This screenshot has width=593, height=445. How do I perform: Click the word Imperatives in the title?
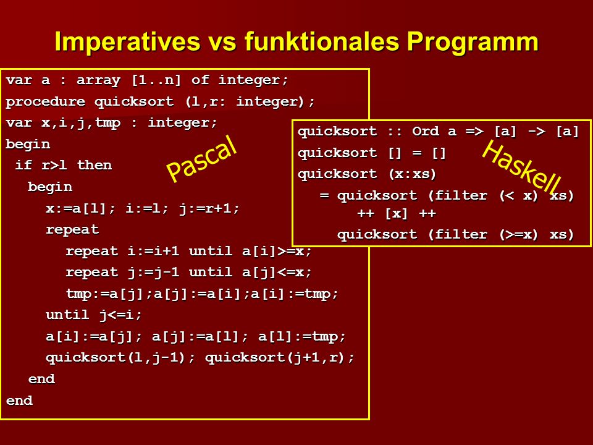(127, 41)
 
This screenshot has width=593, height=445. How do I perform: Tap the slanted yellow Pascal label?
(201, 158)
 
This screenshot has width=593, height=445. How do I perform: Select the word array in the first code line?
(98, 80)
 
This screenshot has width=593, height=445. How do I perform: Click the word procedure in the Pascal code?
(45, 101)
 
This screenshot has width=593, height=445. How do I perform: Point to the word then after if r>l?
(95, 165)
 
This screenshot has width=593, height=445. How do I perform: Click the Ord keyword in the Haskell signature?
(426, 131)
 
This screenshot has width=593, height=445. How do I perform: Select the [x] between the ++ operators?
(397, 214)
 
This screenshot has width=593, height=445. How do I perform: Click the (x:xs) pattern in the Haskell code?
(412, 174)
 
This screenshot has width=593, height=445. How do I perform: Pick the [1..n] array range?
(156, 80)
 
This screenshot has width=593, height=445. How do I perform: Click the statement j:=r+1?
(209, 208)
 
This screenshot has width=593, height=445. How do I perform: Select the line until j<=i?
(93, 315)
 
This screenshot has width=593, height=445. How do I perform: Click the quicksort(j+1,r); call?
(279, 358)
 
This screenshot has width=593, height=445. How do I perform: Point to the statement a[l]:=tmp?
(302, 336)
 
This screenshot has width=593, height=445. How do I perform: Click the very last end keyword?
(19, 400)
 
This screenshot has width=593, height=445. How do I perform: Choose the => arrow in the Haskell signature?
(474, 131)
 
